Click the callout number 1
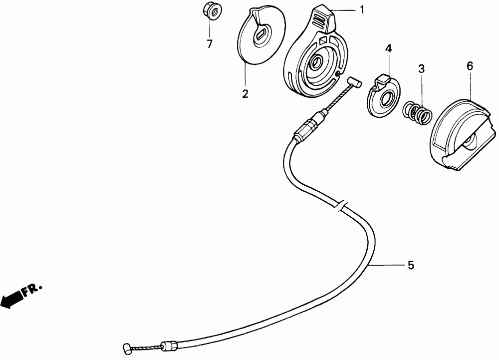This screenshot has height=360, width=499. (362, 9)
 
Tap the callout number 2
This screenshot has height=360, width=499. (245, 93)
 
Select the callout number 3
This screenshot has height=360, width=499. (421, 69)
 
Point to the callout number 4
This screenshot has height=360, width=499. (388, 48)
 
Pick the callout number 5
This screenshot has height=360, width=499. (411, 265)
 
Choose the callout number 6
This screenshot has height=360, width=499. (470, 65)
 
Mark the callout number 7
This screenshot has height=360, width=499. (210, 44)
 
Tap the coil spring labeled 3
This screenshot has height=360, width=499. (417, 112)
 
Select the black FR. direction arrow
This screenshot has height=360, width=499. (14, 298)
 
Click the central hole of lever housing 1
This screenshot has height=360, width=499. (316, 63)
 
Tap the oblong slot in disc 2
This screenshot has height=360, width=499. (260, 35)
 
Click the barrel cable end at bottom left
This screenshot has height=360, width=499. (127, 347)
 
